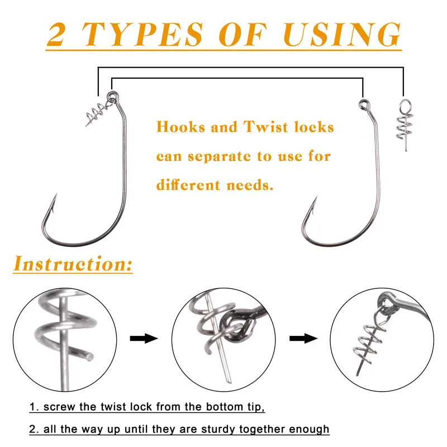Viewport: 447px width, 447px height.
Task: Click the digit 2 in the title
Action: point(57,34)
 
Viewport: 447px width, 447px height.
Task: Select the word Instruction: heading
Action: point(73,264)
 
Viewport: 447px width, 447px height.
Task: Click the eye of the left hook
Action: point(112,96)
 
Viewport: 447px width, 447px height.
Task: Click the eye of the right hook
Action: point(364,104)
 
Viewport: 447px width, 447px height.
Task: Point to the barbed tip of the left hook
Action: point(56,194)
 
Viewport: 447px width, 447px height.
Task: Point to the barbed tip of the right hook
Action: point(316,197)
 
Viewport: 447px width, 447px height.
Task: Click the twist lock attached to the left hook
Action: point(97,113)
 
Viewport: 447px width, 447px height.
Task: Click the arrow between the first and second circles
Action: point(144,339)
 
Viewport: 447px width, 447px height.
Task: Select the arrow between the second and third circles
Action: point(303,339)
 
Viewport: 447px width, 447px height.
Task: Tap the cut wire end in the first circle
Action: point(89,357)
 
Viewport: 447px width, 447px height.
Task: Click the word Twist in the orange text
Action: point(266,127)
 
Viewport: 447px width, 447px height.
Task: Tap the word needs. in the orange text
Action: point(250,186)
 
